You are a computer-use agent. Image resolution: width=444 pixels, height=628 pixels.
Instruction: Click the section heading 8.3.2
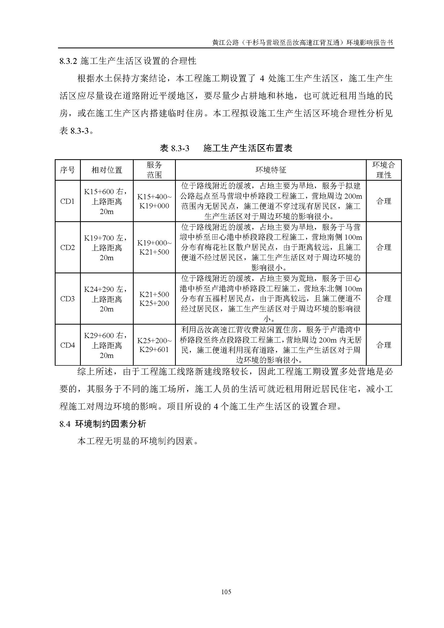click(128, 61)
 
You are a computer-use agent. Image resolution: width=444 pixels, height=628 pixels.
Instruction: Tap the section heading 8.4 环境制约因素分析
click(103, 424)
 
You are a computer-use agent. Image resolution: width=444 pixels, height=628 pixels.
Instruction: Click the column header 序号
click(68, 170)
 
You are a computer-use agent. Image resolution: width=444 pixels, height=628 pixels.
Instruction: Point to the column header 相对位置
click(107, 170)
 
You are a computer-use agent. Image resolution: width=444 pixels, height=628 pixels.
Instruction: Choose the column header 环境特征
click(270, 170)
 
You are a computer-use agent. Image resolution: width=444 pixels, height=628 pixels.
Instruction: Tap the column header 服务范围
click(154, 170)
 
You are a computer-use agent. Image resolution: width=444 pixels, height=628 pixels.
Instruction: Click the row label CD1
click(68, 201)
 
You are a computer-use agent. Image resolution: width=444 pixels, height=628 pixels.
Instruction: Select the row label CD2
click(68, 248)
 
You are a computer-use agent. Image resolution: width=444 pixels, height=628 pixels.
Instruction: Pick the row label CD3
click(68, 299)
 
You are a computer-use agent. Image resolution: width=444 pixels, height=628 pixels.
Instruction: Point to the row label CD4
click(68, 345)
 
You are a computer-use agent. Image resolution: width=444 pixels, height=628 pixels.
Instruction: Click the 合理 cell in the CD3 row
click(384, 299)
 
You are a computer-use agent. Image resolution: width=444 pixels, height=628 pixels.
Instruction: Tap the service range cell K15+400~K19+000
click(154, 201)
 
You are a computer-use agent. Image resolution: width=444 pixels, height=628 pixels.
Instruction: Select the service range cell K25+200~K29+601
click(154, 345)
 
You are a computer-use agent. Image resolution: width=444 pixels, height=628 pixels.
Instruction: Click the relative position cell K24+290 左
click(107, 299)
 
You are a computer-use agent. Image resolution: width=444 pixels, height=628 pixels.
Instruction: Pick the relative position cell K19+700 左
click(107, 248)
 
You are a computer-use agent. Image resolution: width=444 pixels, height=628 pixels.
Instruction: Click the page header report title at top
click(302, 43)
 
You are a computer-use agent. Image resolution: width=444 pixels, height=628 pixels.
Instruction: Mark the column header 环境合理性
click(384, 170)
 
